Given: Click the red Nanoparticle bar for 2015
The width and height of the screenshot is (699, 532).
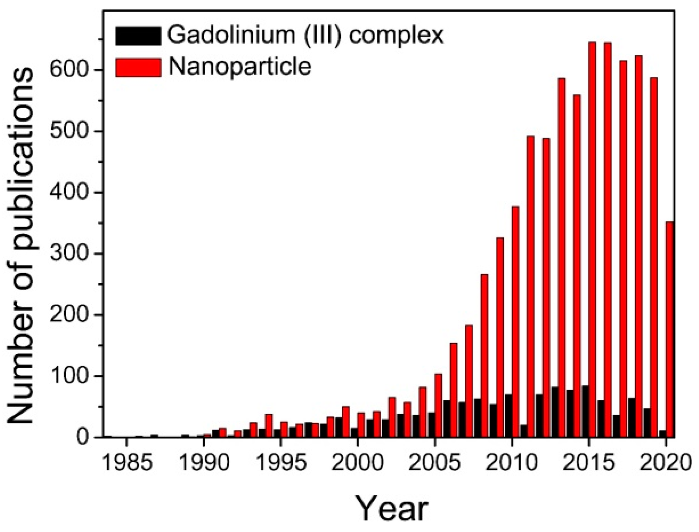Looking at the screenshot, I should pyautogui.click(x=592, y=238).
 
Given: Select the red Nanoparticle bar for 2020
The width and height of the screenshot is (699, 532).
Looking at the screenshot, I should pyautogui.click(x=669, y=330).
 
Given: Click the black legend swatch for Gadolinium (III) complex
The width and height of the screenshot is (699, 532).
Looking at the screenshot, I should pyautogui.click(x=138, y=36).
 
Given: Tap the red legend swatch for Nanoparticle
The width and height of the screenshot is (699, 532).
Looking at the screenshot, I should pyautogui.click(x=138, y=67).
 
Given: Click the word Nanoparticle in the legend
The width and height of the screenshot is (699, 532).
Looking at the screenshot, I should pyautogui.click(x=240, y=67).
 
